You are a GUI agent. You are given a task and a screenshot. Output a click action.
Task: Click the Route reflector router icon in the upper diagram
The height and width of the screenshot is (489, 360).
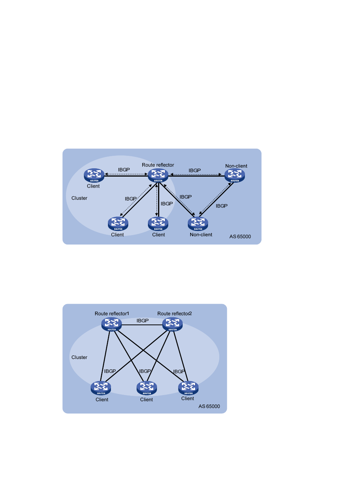click(158, 175)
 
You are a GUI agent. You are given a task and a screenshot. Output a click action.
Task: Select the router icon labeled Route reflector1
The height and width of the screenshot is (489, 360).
click(112, 324)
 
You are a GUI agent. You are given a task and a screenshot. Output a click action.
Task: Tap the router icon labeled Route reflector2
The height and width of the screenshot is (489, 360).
click(172, 324)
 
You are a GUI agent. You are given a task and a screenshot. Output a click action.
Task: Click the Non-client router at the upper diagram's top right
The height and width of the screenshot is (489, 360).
click(235, 175)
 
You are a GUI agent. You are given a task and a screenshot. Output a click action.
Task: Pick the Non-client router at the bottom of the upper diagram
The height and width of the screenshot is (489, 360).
click(198, 223)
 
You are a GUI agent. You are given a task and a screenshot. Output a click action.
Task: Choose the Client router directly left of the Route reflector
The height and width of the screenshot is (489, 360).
click(94, 175)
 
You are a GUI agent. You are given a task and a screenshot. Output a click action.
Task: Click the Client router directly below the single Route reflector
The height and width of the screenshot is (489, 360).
click(158, 223)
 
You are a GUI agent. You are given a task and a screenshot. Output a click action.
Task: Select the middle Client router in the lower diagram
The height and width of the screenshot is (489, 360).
click(147, 388)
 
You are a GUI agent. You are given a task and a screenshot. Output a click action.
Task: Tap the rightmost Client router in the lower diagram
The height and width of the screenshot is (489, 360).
click(188, 387)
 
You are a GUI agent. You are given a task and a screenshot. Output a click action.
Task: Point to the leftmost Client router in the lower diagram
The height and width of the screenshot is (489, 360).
click(101, 388)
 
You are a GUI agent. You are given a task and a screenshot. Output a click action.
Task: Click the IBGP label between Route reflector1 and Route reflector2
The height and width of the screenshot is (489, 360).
click(143, 321)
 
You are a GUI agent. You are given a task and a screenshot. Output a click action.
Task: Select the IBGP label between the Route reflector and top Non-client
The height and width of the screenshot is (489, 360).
click(195, 171)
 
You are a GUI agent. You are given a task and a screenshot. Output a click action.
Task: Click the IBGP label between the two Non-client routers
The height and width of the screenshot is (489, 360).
click(222, 206)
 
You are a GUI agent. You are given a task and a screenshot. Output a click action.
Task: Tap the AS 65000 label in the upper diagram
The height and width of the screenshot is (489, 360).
click(240, 237)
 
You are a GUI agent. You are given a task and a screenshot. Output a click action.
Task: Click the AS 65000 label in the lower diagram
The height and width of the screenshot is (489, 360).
click(209, 406)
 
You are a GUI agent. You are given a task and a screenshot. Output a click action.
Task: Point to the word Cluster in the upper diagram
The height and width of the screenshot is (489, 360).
click(79, 198)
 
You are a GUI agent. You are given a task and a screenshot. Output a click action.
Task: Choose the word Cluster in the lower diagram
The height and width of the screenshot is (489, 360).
click(79, 357)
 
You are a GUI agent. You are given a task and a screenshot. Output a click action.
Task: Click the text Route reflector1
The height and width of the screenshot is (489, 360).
click(112, 314)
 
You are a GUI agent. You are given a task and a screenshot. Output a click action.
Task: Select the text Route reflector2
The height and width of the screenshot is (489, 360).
click(174, 314)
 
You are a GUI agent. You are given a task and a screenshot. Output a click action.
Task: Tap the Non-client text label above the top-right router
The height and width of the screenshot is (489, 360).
click(236, 166)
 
